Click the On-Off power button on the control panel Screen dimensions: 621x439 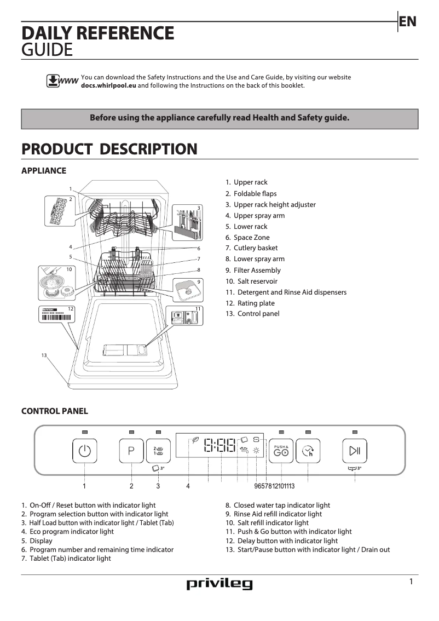pyautogui.click(x=84, y=451)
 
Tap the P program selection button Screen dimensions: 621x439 pyautogui.click(x=131, y=451)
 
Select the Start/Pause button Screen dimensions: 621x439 pyautogui.click(x=355, y=451)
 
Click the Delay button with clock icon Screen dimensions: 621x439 pyautogui.click(x=308, y=451)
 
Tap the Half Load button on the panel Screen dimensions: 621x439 pyautogui.click(x=158, y=451)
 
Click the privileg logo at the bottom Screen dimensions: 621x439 pyautogui.click(x=220, y=584)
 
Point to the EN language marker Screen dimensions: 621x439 pyautogui.click(x=408, y=21)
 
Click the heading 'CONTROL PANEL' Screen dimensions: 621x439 pyautogui.click(x=54, y=411)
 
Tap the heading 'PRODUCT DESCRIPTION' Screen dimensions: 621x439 pyautogui.click(x=109, y=149)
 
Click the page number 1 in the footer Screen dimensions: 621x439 pyautogui.click(x=411, y=582)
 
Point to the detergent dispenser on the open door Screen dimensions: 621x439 pyautogui.click(x=125, y=350)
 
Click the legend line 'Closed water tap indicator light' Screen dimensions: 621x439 pyautogui.click(x=281, y=505)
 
